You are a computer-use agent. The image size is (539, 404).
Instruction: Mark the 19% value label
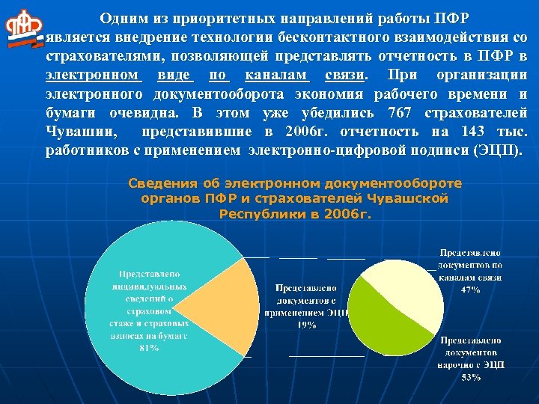click(x=305, y=325)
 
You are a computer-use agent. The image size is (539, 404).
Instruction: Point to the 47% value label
click(x=470, y=289)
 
